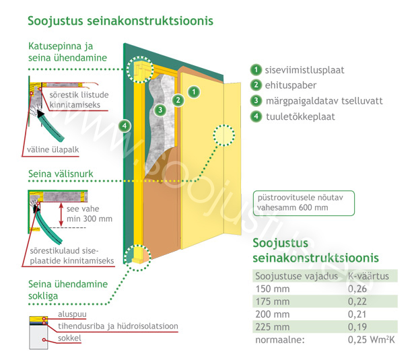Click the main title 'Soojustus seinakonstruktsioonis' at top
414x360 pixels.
point(120,21)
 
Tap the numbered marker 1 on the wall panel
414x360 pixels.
point(194,92)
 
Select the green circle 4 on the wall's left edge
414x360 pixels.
point(125,126)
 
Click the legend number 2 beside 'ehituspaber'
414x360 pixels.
point(256,85)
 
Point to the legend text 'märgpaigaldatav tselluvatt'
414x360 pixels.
point(324,101)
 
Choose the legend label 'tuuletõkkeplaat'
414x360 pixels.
point(300,116)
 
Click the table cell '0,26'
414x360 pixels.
point(357,289)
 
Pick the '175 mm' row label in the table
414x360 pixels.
point(273,301)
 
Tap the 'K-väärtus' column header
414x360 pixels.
point(368,276)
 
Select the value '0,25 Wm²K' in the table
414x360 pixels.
point(371,340)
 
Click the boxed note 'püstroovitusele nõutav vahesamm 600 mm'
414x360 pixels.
point(304,203)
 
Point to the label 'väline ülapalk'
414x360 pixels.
point(53,149)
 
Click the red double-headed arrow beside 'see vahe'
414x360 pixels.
point(61,214)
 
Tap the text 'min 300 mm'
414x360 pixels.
point(90,219)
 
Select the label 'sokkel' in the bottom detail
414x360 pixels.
point(69,338)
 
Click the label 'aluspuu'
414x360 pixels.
point(72,314)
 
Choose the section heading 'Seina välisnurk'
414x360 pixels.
point(61,174)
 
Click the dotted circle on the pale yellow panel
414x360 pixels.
point(224,135)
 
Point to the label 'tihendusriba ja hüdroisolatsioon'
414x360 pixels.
point(118,326)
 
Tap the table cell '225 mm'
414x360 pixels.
point(273,327)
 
